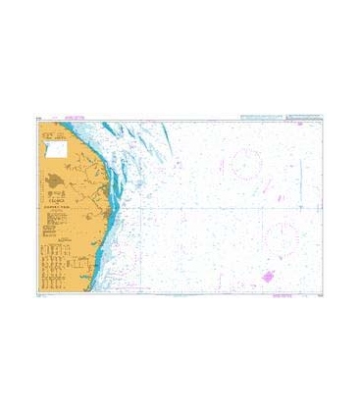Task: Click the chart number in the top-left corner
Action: point(36,119)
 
